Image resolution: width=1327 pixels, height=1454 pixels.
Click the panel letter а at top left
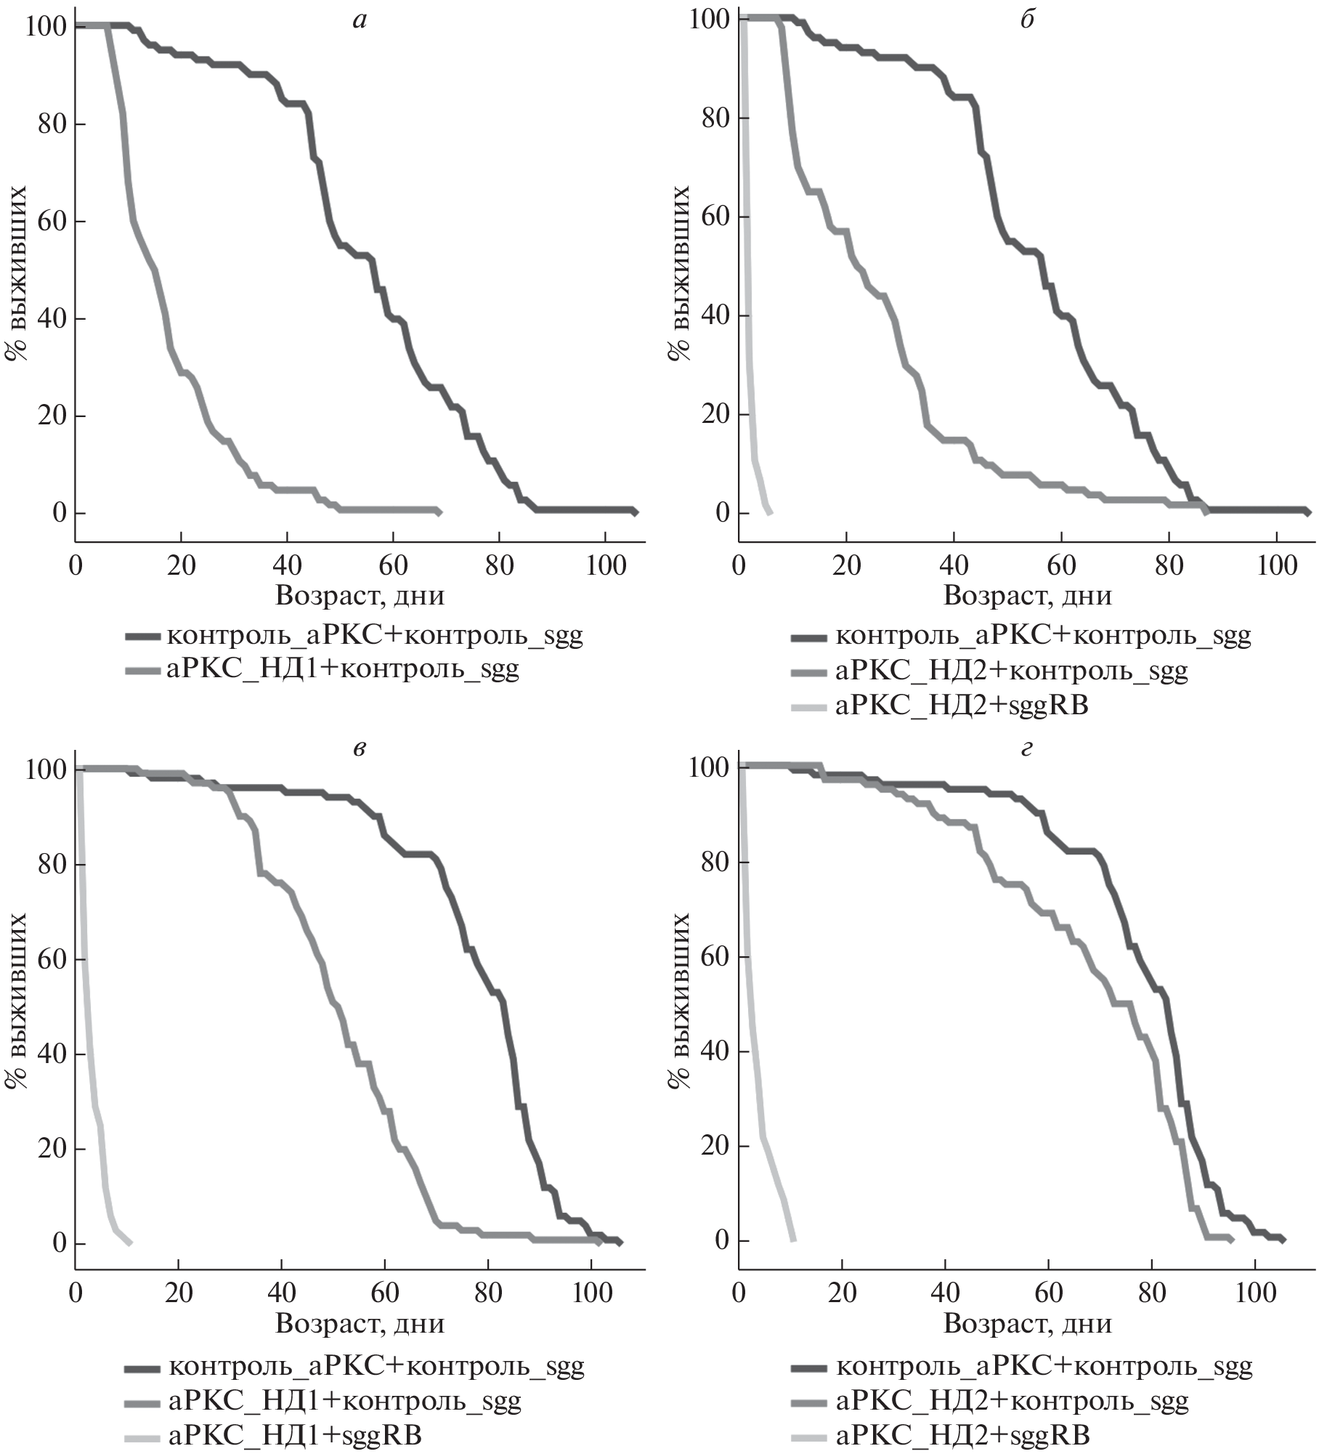tap(359, 21)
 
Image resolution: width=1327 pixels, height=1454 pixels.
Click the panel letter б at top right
tap(1027, 20)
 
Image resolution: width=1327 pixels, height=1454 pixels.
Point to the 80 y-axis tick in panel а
tap(49, 124)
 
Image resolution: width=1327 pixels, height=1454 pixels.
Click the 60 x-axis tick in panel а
tap(393, 565)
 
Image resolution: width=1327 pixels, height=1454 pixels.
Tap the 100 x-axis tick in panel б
tap(1276, 565)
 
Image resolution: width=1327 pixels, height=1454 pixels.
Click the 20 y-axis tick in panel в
tap(49, 1149)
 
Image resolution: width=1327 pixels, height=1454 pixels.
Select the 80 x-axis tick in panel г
tap(1152, 1293)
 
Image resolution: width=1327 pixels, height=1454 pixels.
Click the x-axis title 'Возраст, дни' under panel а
tap(360, 596)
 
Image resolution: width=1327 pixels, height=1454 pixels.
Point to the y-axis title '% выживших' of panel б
tap(680, 272)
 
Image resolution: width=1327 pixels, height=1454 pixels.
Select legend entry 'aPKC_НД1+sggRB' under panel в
tap(295, 1436)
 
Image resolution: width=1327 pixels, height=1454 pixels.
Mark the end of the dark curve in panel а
tap(635, 512)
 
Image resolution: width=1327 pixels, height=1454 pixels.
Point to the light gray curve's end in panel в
tap(129, 1243)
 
